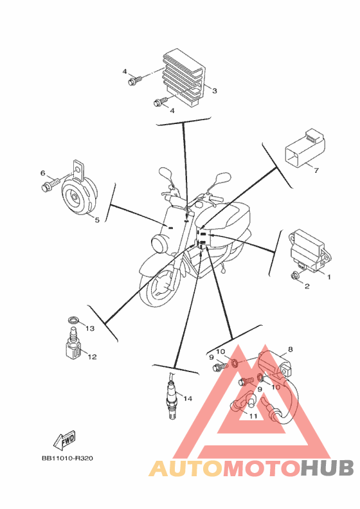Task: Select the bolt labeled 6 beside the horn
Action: coord(51,184)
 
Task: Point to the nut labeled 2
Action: coord(296,276)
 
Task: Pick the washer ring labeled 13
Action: coord(73,321)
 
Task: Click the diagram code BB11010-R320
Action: coord(67,459)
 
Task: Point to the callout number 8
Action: coord(290,349)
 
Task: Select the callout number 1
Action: coord(328,277)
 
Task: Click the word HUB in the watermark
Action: coord(327,469)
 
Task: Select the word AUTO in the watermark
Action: coord(186,469)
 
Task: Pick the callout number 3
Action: coord(214,91)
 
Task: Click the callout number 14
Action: coord(188,398)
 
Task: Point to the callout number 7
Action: coord(316,170)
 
